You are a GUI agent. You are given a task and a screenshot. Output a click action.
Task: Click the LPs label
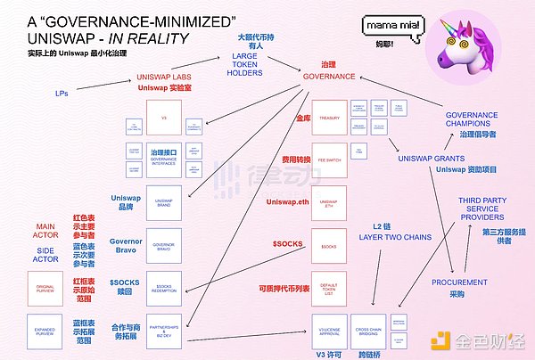click(x=62, y=91)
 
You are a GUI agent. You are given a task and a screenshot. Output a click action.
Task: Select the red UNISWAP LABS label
click(x=163, y=78)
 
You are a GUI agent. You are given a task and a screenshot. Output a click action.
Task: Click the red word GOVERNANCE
click(x=328, y=78)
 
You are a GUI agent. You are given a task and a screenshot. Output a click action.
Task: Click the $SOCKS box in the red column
click(x=328, y=245)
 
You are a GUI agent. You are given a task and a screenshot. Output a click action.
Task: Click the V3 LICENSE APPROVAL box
click(x=328, y=330)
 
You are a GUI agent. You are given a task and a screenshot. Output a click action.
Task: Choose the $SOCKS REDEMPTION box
click(x=163, y=287)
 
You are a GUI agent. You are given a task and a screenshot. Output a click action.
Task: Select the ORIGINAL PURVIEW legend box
click(x=45, y=287)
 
